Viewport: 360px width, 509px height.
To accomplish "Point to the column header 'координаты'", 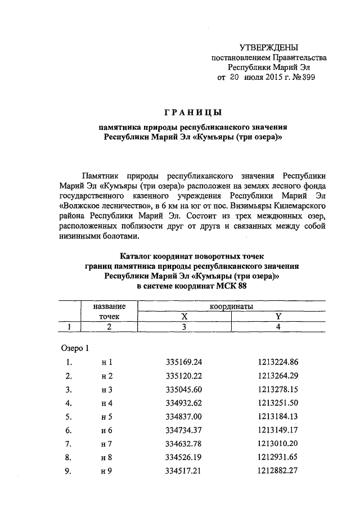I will pyautogui.click(x=231, y=307).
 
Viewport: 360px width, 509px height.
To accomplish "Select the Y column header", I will pyautogui.click(x=278, y=317).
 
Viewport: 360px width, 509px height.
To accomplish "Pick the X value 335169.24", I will pyautogui.click(x=184, y=362).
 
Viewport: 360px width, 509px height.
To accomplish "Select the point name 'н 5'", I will pyautogui.click(x=107, y=417).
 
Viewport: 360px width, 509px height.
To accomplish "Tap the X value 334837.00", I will pyautogui.click(x=184, y=417).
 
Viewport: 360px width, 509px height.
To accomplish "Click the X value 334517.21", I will pyautogui.click(x=184, y=472).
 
